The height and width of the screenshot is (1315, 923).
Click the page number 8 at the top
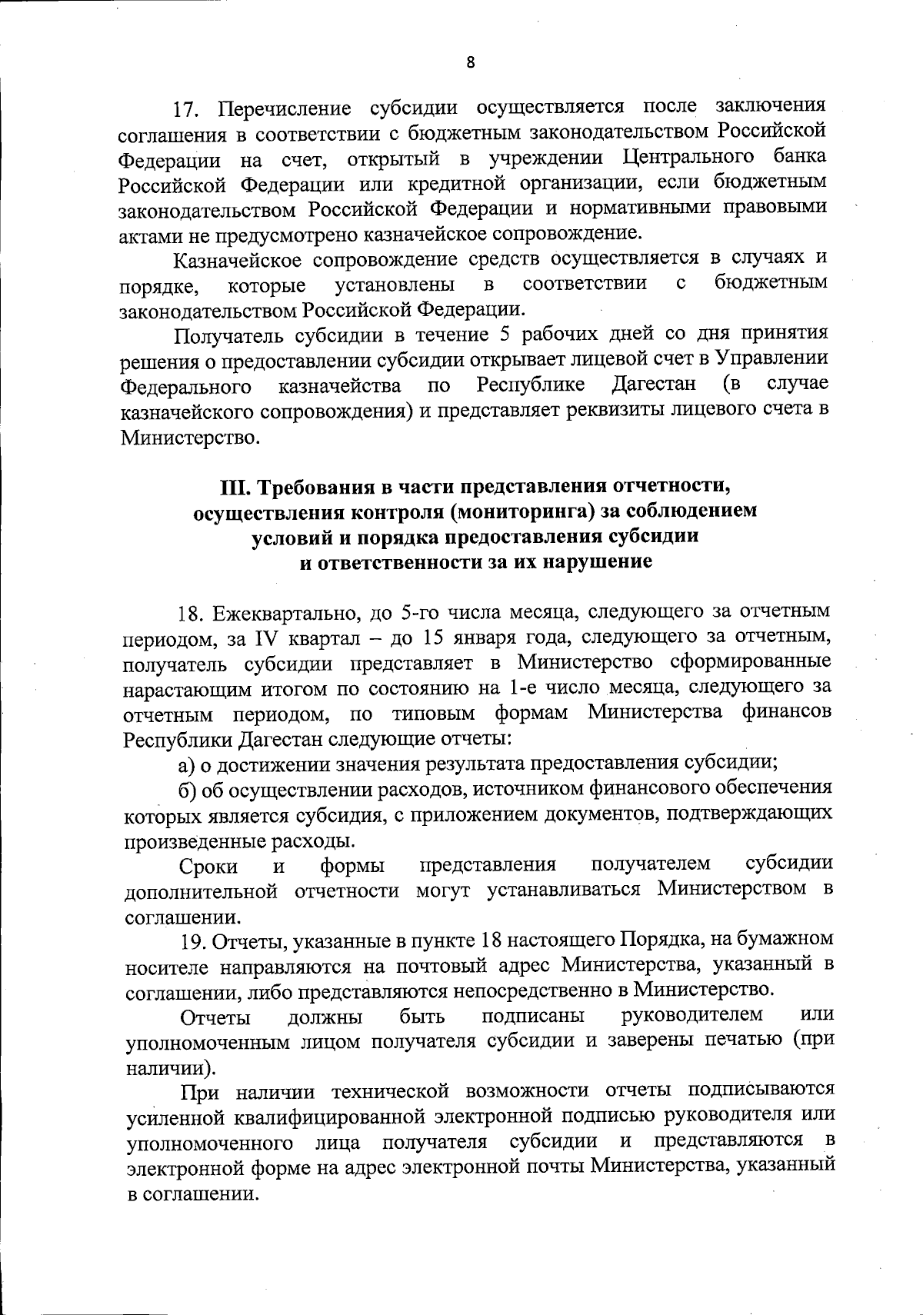471,64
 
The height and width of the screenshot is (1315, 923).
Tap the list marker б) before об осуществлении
188,788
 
